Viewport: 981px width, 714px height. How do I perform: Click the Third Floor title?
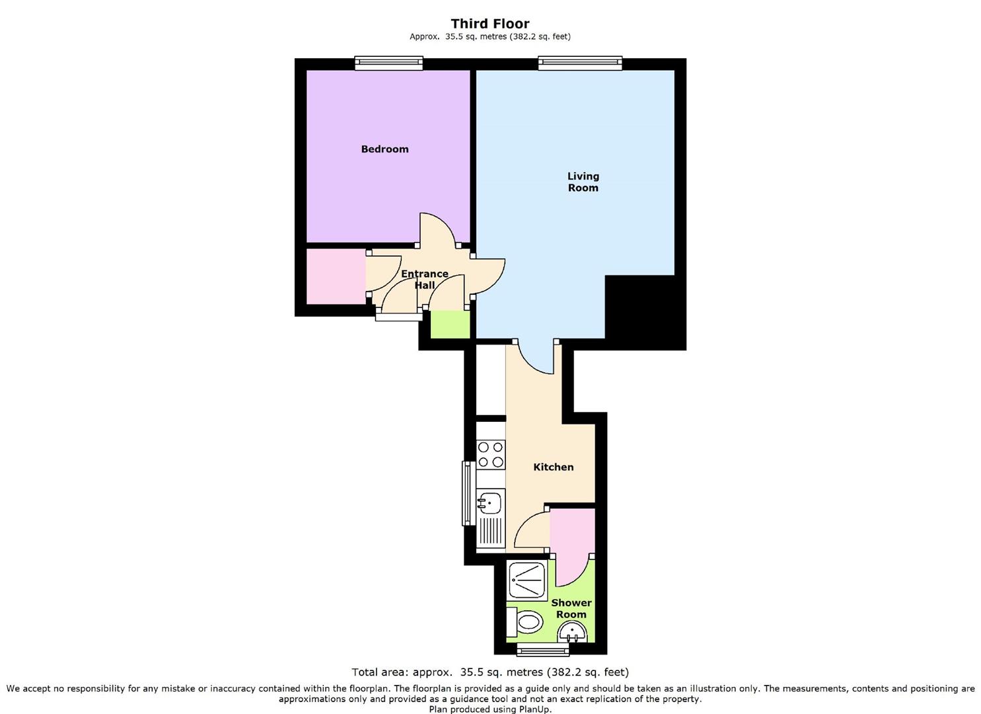490,24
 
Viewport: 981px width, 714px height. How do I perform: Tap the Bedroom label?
384,149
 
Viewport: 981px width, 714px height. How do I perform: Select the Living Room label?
583,182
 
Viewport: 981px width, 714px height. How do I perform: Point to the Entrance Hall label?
424,279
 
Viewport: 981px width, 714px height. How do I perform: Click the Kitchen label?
553,467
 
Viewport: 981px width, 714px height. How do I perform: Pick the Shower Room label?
571,608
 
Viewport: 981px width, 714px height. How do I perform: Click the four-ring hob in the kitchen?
490,455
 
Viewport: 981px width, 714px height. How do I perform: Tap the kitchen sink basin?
490,502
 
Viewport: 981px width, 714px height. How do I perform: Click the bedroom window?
389,63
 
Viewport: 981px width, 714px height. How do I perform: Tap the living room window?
580,63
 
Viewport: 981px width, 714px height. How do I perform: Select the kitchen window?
468,493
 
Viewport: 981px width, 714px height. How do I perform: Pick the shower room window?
543,649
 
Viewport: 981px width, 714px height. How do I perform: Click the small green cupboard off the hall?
451,325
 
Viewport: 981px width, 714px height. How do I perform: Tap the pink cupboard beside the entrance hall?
336,276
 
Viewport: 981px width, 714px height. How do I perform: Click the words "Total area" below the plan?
379,672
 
